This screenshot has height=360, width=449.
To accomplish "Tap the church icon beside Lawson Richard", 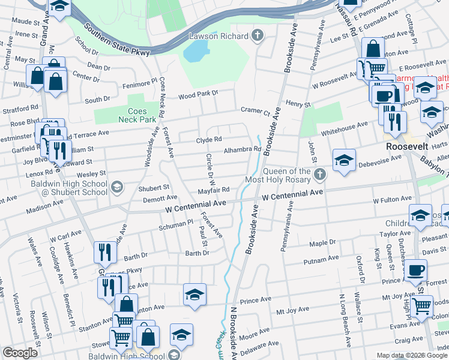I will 259,36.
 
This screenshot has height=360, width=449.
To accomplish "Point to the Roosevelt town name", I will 405,146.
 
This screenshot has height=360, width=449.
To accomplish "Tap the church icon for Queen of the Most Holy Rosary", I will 320,175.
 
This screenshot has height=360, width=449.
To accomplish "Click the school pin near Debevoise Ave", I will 344,161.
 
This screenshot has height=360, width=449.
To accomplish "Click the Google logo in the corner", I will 20,353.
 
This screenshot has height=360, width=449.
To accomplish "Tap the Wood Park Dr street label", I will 199,94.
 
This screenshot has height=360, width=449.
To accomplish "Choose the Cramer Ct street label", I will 256,110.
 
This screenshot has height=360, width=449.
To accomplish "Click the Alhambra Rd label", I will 243,149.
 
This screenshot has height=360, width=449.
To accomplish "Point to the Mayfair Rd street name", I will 215,190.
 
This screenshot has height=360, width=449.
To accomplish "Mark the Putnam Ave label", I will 322,259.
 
